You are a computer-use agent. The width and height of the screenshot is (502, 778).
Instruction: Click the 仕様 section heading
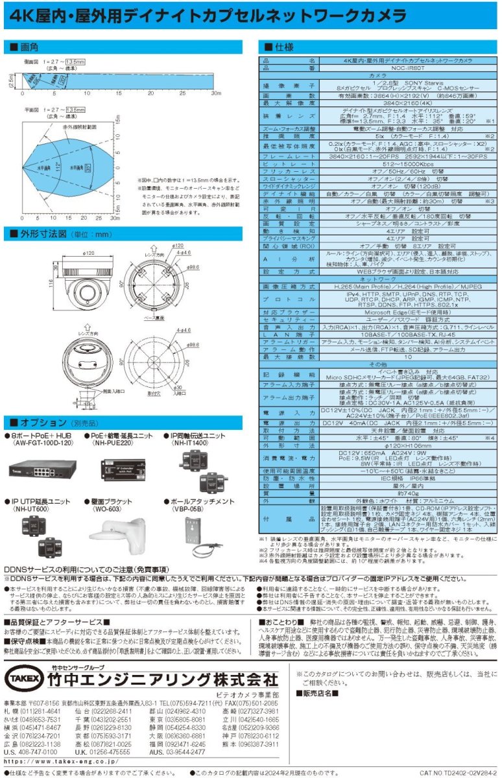(279, 48)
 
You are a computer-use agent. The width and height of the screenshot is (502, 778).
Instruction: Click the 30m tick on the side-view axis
(217, 95)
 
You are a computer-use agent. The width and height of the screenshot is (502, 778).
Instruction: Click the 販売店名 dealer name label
(318, 692)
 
